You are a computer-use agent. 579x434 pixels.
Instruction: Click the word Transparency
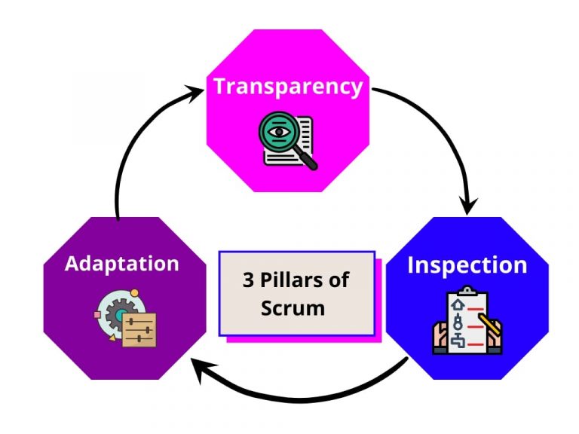pyautogui.click(x=288, y=86)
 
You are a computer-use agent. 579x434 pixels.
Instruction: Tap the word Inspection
pyautogui.click(x=467, y=265)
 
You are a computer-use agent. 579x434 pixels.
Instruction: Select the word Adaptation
pyautogui.click(x=122, y=264)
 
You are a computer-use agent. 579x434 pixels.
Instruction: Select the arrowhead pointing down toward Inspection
pyautogui.click(x=469, y=203)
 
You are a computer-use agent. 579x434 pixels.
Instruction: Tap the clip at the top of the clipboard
pyautogui.click(x=467, y=290)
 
